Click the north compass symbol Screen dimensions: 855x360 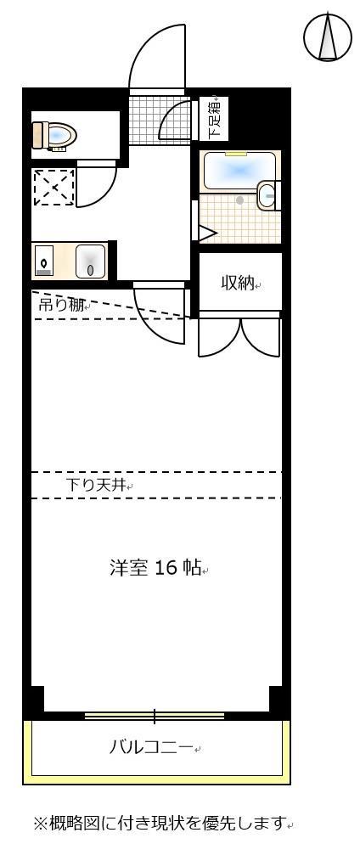point(328,37)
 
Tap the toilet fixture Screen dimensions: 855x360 point(55,135)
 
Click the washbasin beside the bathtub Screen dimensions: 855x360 point(268,195)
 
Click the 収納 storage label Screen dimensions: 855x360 point(239,283)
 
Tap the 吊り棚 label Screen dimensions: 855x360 point(62,304)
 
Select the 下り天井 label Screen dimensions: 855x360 point(97,486)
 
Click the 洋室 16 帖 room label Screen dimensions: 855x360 point(155,567)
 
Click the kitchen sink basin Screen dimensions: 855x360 point(90,261)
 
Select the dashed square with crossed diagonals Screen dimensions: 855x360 point(53,187)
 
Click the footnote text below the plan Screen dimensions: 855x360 point(160,823)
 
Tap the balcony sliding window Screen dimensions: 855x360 point(155,716)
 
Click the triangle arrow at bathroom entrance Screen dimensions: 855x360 point(206,232)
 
